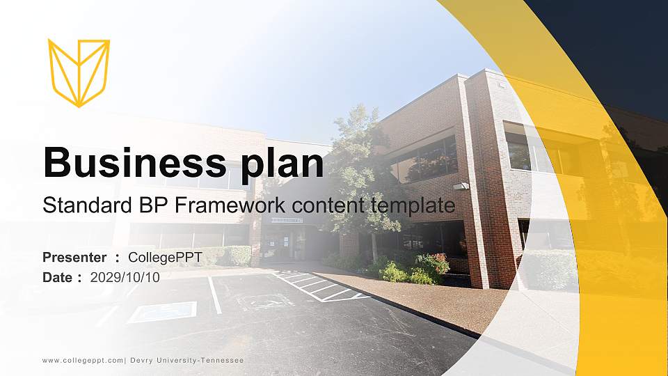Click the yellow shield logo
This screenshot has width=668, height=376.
[79, 72]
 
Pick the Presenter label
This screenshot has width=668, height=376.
[74, 258]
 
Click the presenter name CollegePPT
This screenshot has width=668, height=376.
[165, 258]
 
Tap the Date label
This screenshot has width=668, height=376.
[58, 277]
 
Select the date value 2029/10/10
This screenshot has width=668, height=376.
[125, 277]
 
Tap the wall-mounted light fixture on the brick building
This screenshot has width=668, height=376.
[461, 186]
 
